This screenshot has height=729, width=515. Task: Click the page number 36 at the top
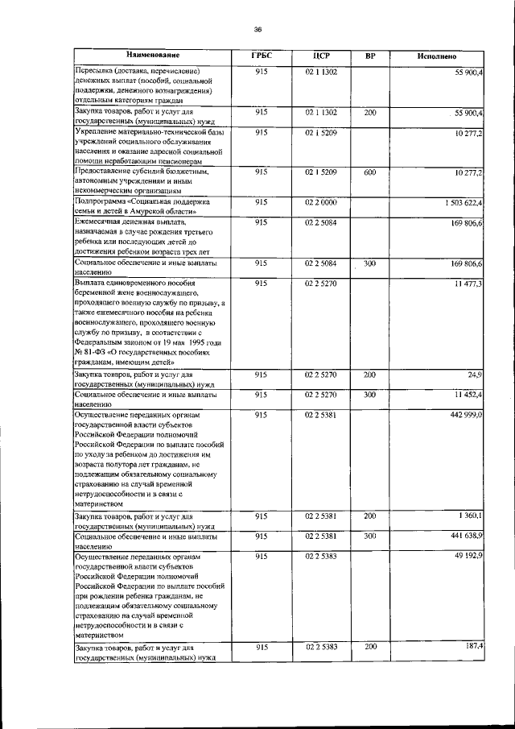pos(257,29)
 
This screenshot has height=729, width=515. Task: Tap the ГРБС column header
pos(262,56)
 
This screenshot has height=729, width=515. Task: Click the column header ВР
pos(369,56)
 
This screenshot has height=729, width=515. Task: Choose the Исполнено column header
pos(437,56)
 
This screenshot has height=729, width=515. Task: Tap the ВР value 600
pos(369,172)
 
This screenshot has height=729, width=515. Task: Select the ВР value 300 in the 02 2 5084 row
pos(369,263)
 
